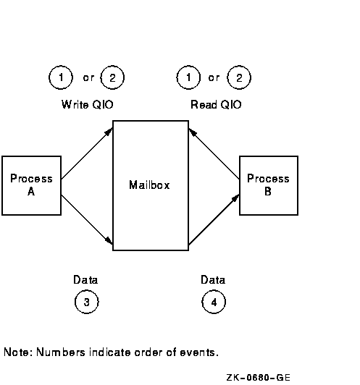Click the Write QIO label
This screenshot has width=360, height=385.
pyautogui.click(x=87, y=105)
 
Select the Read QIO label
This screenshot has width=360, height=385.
pyautogui.click(x=216, y=105)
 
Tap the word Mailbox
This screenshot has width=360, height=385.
pyautogui.click(x=149, y=185)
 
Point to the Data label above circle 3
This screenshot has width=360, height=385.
pyautogui.click(x=85, y=279)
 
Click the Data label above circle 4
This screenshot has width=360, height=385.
pyautogui.click(x=213, y=279)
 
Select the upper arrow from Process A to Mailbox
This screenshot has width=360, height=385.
pyautogui.click(x=87, y=153)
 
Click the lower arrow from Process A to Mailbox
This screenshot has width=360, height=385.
pyautogui.click(x=87, y=219)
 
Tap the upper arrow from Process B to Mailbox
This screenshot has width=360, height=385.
pyautogui.click(x=214, y=153)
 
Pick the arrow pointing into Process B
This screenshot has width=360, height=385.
pyautogui.click(x=214, y=219)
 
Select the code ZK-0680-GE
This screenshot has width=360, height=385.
pyautogui.click(x=259, y=377)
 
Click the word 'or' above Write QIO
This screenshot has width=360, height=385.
pyautogui.click(x=88, y=78)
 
